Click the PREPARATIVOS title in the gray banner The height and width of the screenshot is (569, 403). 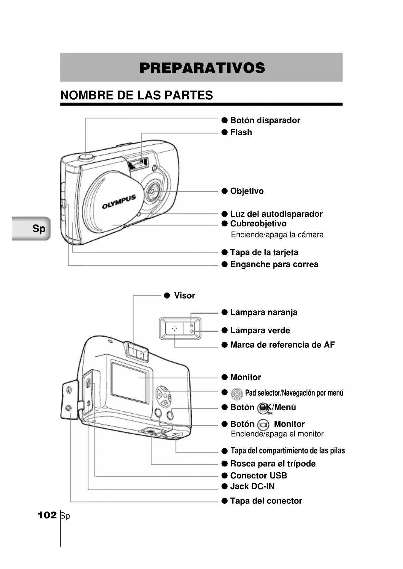tap(202, 68)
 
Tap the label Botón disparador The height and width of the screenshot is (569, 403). tap(265, 120)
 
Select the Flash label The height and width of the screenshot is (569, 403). tap(241, 132)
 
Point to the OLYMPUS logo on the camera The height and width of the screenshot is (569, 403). tap(119, 201)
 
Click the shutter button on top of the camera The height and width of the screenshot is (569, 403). tap(86, 157)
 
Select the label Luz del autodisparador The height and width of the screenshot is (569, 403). tap(276, 214)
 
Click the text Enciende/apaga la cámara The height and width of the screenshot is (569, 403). tap(277, 235)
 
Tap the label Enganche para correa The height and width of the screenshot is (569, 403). tap(274, 264)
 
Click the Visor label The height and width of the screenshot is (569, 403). tap(184, 296)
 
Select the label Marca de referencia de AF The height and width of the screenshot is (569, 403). tap(282, 345)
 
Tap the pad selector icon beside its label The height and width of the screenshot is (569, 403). tap(237, 394)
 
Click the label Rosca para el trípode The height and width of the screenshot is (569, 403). tap(273, 464)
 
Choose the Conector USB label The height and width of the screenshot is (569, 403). tap(258, 476)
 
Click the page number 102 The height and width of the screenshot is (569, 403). tap(47, 515)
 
